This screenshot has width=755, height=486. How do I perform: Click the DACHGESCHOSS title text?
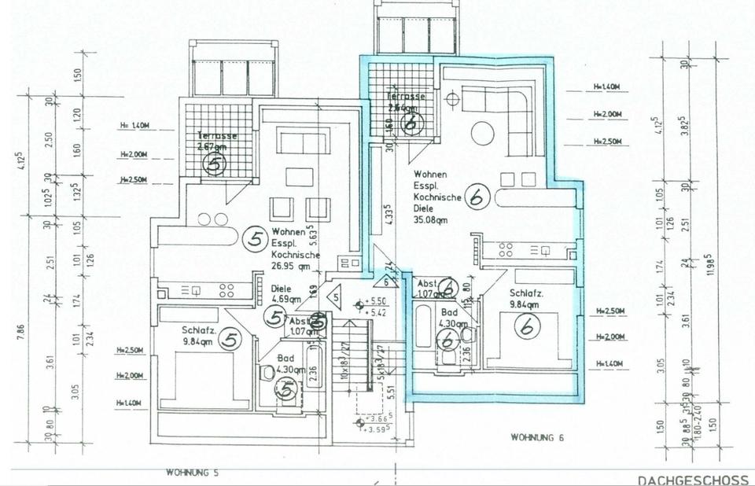click(x=691, y=479)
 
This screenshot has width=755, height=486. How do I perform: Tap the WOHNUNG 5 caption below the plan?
click(x=192, y=473)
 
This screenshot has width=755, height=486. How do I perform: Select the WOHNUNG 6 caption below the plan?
click(x=537, y=436)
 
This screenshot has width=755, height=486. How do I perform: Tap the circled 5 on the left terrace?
click(x=214, y=164)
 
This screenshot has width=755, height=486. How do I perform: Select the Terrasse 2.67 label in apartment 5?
click(x=217, y=142)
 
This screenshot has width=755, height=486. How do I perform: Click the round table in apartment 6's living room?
click(x=482, y=133)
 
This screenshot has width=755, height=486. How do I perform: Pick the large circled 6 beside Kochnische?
click(x=475, y=197)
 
